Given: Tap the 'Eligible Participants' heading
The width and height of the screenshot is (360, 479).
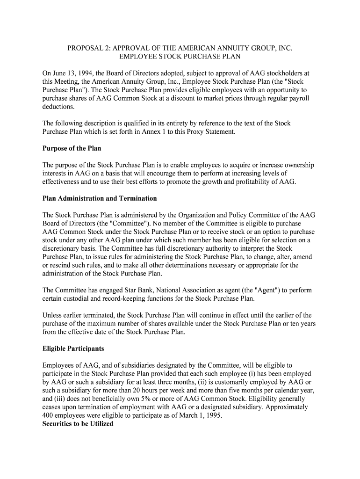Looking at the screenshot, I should point(73,348).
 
